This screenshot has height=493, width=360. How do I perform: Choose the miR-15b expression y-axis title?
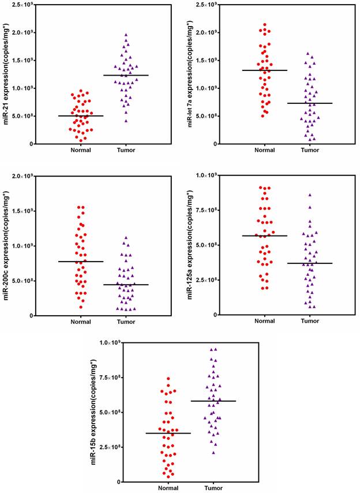[x=95, y=413]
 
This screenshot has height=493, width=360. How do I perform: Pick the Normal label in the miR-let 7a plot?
[x=264, y=150]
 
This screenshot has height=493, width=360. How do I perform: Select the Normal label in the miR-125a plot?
[x=264, y=322]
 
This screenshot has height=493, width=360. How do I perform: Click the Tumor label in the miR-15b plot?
[x=213, y=488]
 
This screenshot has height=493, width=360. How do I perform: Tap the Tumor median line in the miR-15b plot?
[x=213, y=401]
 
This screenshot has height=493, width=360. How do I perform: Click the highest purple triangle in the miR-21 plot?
[x=126, y=35]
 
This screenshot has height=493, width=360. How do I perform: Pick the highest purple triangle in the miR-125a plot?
[x=310, y=195]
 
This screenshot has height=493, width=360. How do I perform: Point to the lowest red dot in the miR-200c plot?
[x=81, y=307]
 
